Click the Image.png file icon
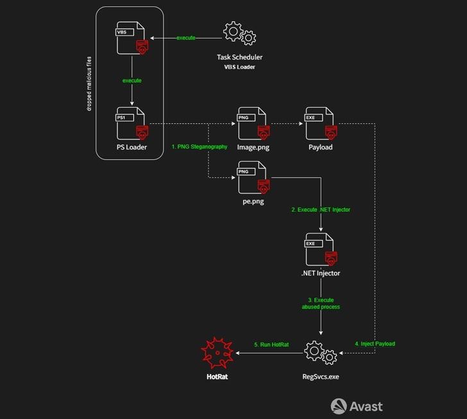pyautogui.click(x=253, y=124)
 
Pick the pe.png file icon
pyautogui.click(x=253, y=177)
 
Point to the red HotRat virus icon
pyautogui.click(x=217, y=354)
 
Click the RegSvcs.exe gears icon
pyautogui.click(x=320, y=354)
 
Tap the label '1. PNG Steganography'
pyautogui.click(x=200, y=147)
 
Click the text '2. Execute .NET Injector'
pyautogui.click(x=321, y=210)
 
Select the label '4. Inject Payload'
pyautogui.click(x=375, y=344)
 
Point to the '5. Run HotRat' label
pyautogui.click(x=271, y=345)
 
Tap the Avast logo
pyautogui.click(x=357, y=406)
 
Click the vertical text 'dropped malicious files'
pyautogui.click(x=89, y=84)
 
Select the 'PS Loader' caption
pyautogui.click(x=132, y=148)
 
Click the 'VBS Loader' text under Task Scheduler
pyautogui.click(x=239, y=67)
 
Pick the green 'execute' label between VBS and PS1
pyautogui.click(x=132, y=81)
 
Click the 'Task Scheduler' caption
pyautogui.click(x=239, y=57)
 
